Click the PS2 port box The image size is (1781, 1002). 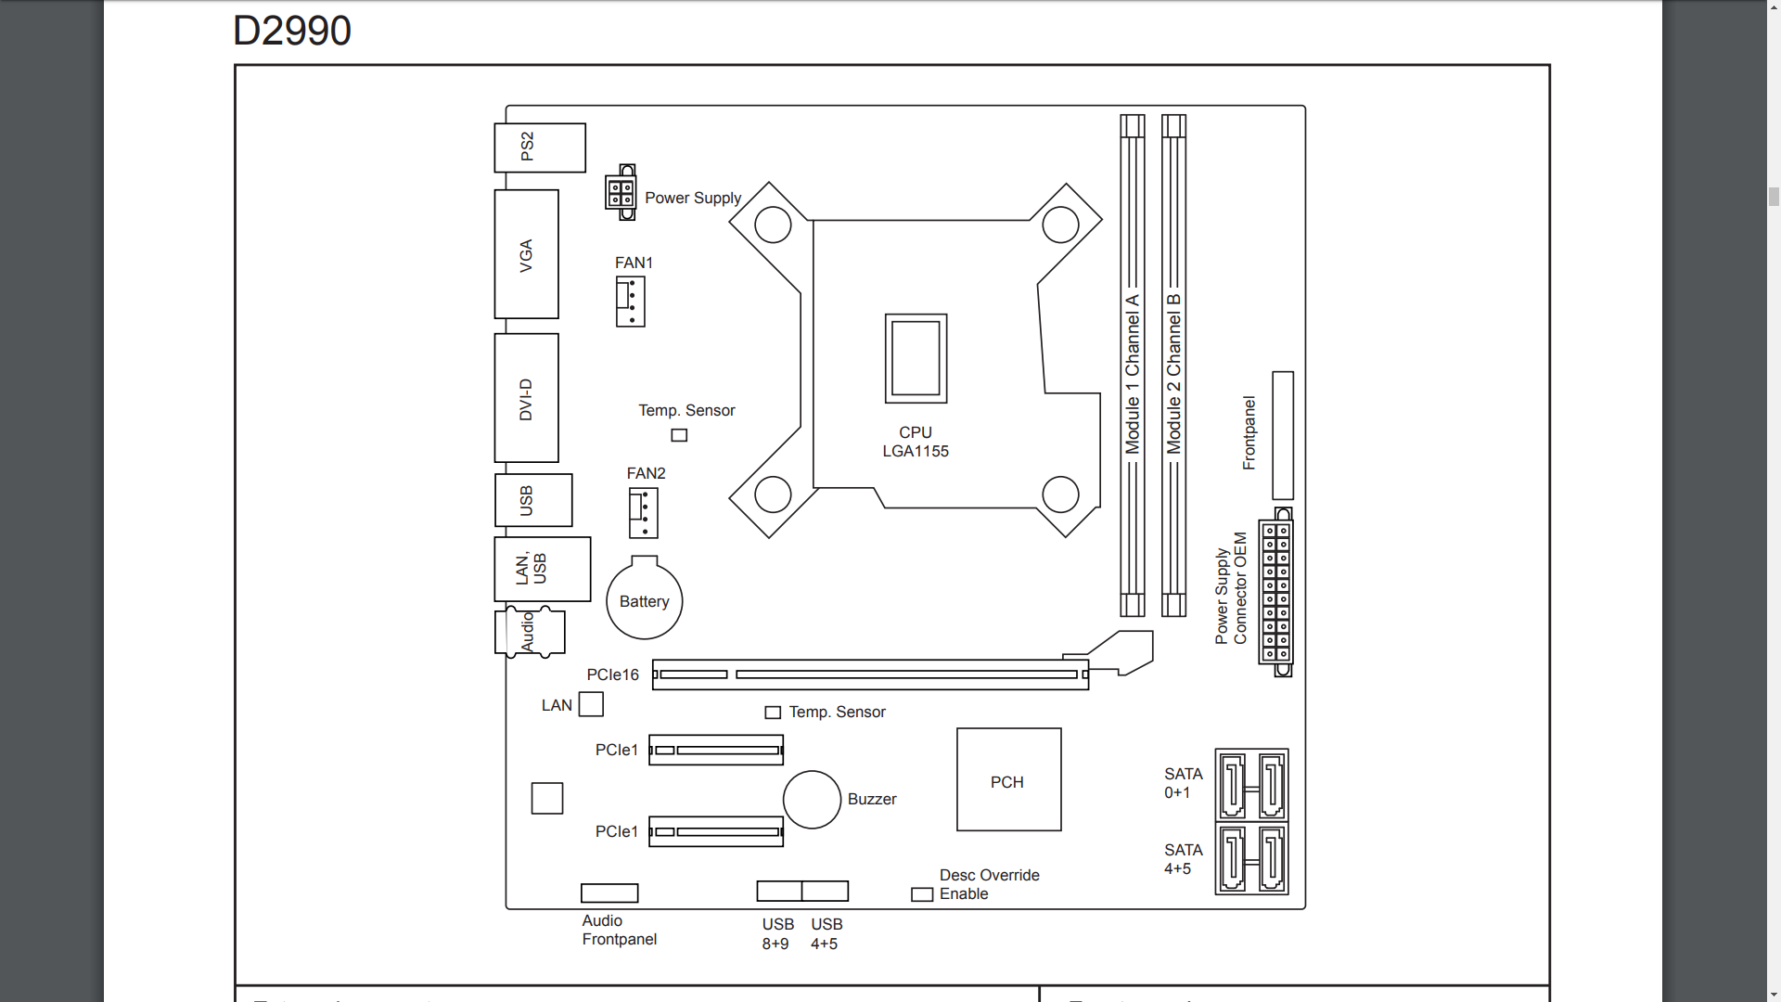pos(540,148)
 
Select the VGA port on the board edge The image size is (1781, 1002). pos(526,254)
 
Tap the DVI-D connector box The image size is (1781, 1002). pos(526,398)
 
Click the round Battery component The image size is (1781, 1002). pos(645,598)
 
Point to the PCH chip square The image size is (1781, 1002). pos(1009,779)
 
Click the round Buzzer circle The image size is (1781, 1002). pos(812,799)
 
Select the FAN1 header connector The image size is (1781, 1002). pos(631,302)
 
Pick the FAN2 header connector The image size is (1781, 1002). pos(644,513)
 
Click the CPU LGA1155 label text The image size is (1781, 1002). pos(916,442)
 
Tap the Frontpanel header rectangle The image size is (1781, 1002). pos(1283,436)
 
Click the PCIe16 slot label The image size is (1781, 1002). pos(612,674)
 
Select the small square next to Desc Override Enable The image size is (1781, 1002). pos(922,894)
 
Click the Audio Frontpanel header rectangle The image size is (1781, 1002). pos(609,893)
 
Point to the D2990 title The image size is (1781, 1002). pos(292,31)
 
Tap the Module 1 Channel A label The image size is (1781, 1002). pos(1133,374)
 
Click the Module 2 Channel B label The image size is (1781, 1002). pos(1174,374)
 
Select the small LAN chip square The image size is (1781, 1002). pos(591,704)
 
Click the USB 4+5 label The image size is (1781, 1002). pos(826,933)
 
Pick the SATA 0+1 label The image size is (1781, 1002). pos(1184,783)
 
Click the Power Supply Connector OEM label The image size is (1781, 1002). pos(1231,588)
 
